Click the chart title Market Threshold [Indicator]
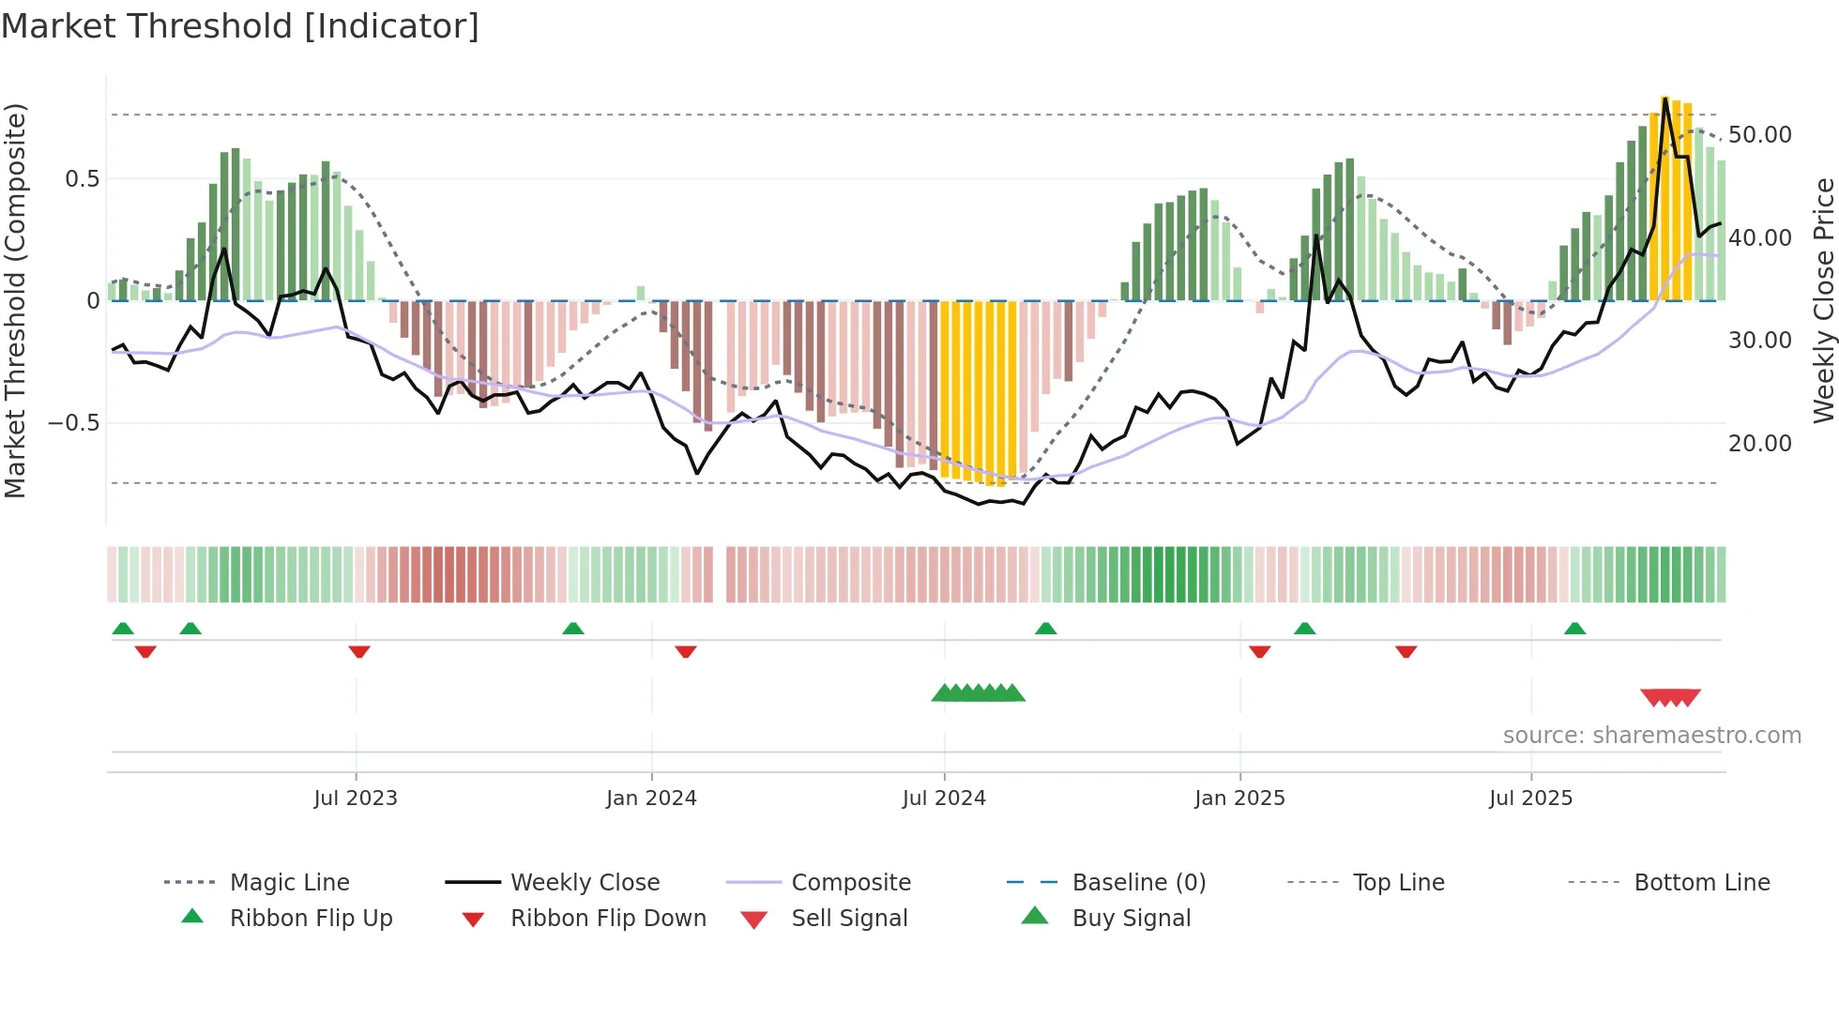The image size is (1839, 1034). coord(240,26)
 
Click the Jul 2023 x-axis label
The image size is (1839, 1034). coord(356,798)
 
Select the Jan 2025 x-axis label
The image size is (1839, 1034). coord(1239,798)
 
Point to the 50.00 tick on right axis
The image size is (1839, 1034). coord(1759,135)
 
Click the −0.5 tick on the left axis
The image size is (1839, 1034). coord(74,423)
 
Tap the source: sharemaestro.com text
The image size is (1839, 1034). coord(1651,736)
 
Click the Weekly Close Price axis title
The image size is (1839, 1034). coord(1823,300)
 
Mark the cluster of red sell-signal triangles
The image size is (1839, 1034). coord(1670,697)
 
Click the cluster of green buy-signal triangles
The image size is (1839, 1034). coord(978,693)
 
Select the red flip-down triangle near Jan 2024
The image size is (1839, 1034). coord(686,651)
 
